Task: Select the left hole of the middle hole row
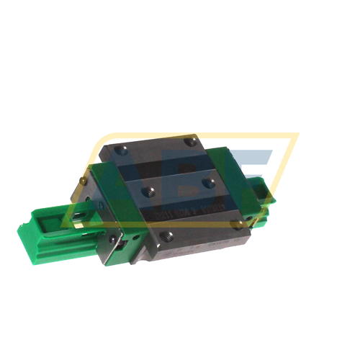pos(149,190)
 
